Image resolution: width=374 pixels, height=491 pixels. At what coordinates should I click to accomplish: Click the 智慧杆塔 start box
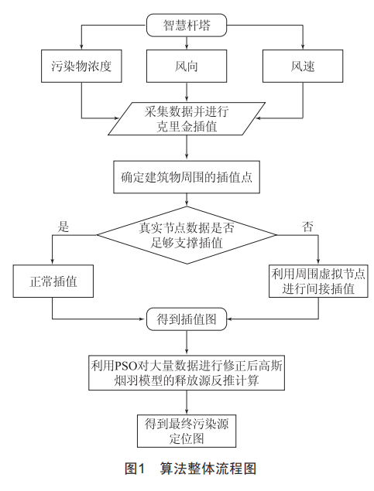point(187,25)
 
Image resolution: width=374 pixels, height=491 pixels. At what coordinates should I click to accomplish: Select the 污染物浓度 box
point(81,66)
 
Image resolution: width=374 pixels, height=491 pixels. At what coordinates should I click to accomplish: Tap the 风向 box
point(187,66)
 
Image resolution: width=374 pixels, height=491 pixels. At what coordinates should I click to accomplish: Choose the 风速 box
point(303,66)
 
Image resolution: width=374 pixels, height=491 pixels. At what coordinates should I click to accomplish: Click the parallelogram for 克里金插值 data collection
point(187,118)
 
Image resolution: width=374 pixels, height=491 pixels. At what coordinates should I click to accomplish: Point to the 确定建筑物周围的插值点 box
point(187,177)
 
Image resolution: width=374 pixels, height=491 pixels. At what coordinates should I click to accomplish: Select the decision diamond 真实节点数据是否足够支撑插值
point(187,235)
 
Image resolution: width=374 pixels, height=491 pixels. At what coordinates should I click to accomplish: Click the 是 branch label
point(63,227)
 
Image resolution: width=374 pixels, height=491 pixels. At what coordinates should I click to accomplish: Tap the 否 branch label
point(307,227)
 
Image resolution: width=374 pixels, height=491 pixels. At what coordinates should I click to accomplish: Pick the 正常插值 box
point(53,281)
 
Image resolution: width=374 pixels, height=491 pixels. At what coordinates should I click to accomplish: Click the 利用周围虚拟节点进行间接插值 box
point(318,281)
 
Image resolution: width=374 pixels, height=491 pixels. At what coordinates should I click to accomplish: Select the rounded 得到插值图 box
point(187,319)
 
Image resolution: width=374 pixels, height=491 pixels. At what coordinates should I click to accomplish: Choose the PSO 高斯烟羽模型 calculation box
point(187,373)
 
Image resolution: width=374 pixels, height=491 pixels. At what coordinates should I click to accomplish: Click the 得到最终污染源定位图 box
point(187,431)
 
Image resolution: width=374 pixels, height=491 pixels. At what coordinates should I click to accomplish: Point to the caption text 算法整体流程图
point(208,469)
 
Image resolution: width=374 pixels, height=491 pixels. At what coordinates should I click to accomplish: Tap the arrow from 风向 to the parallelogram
point(187,92)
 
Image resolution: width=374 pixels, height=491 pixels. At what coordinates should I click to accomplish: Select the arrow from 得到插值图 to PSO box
point(187,343)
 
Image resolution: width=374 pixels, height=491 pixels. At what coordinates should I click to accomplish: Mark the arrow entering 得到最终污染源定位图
point(187,402)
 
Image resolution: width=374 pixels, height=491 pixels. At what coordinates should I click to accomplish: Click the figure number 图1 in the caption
point(135,469)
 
